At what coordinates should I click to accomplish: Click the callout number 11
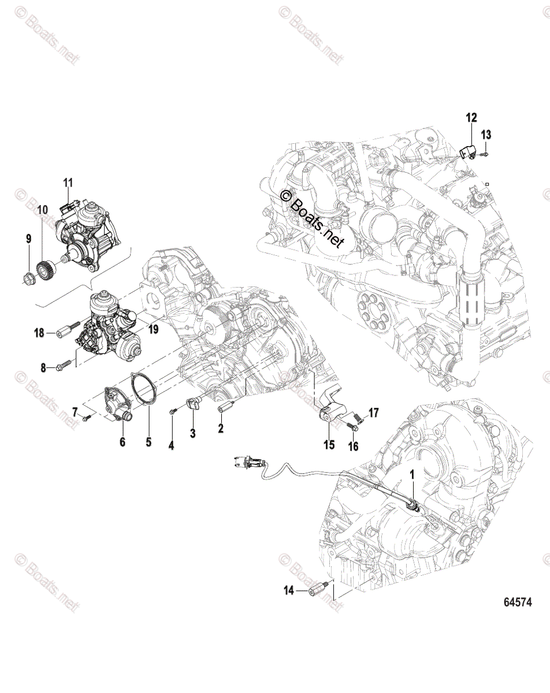pos(68,183)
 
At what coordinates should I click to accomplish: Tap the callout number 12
pos(471,118)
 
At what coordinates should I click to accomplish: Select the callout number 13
pos(486,135)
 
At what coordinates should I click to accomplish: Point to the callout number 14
pos(288,590)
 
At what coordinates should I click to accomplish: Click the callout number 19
pos(153,330)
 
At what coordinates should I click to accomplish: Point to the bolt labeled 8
pos(65,366)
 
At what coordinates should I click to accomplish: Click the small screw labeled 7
pos(87,417)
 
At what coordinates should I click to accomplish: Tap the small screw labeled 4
pos(173,411)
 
